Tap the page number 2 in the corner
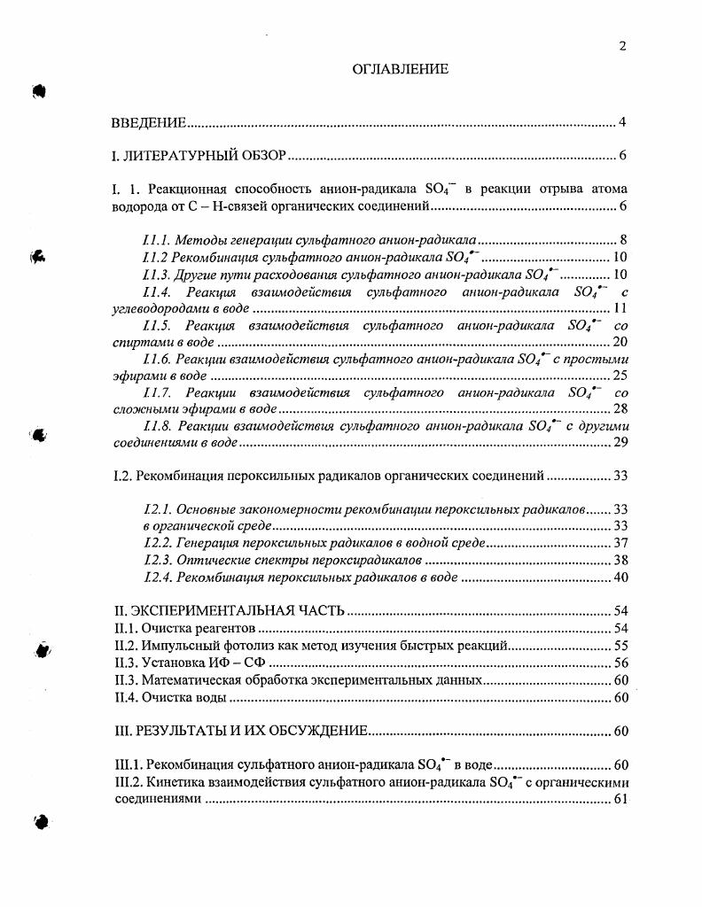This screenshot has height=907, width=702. point(623,47)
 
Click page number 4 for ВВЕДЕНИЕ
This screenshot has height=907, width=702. point(623,122)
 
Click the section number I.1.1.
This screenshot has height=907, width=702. point(156,240)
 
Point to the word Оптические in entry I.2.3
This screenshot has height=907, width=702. point(206,561)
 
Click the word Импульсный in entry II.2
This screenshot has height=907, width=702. point(178,646)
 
